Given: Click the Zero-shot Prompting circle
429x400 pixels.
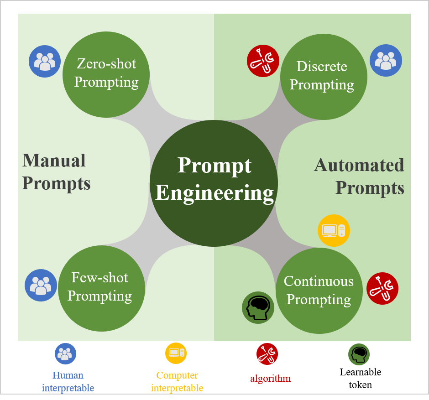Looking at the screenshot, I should (x=106, y=74).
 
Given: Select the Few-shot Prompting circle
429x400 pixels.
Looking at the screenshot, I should (x=101, y=288).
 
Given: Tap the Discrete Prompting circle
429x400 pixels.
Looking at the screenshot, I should (x=323, y=76).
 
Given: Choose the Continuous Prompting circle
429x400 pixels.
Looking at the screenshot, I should (x=319, y=291).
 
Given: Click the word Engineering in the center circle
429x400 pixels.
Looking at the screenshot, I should (x=214, y=192).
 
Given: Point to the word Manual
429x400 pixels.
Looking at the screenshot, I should (x=54, y=161).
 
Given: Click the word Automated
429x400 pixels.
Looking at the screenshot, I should (x=359, y=165).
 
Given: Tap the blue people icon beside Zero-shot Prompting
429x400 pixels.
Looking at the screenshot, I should (x=45, y=61).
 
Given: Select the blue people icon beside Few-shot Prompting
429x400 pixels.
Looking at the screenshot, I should (x=41, y=285).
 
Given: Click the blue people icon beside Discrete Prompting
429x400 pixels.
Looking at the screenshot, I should (x=386, y=60).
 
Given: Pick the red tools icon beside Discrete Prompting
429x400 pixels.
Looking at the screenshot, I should (x=263, y=61).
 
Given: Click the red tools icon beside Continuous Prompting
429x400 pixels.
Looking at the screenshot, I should (x=382, y=289).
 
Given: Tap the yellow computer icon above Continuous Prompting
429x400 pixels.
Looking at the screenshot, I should (x=334, y=230).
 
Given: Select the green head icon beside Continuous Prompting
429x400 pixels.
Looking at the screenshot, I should (x=258, y=307).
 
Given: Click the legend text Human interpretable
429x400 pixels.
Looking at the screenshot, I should (x=68, y=382).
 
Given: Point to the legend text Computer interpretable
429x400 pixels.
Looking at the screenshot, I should (x=177, y=382).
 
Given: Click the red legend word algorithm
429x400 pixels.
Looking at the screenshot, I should (x=270, y=379).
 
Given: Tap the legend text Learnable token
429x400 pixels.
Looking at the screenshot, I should (x=361, y=378).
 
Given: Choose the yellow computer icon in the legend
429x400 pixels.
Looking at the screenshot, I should (x=176, y=353).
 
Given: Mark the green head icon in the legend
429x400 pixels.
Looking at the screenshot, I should (x=359, y=354).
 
